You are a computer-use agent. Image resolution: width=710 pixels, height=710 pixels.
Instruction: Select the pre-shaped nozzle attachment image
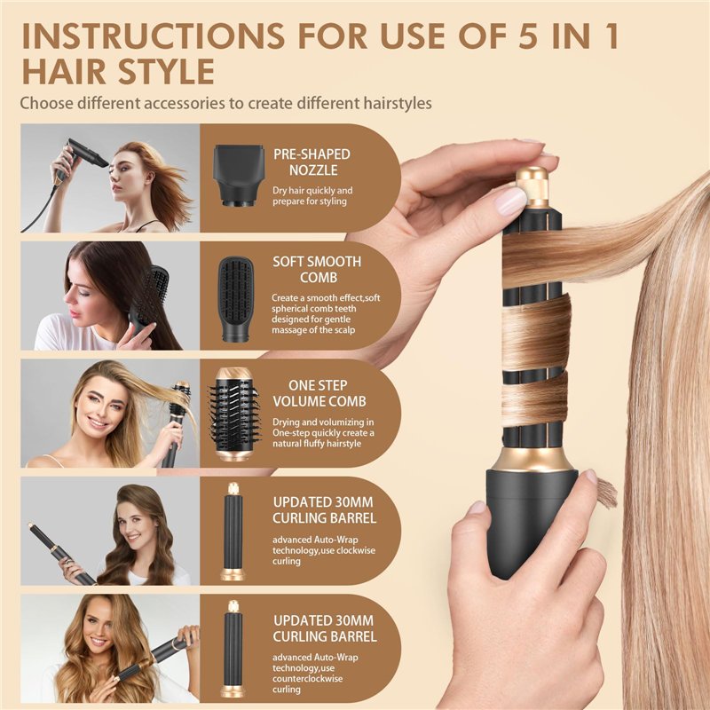point(236,177)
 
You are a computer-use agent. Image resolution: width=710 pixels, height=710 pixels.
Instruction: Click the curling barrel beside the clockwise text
point(233,530)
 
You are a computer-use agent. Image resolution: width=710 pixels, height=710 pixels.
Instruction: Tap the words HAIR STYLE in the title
point(117,70)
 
